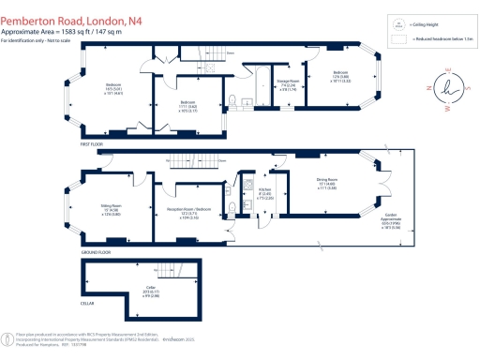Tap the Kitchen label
point(264,194)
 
